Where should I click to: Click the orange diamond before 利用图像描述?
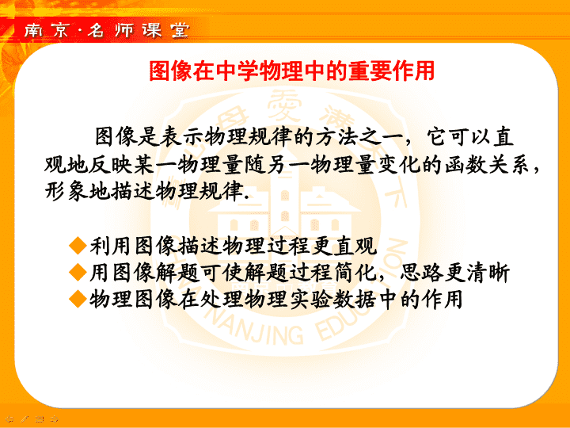point(78,245)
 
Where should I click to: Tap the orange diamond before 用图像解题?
point(78,272)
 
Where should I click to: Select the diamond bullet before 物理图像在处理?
point(78,299)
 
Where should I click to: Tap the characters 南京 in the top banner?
point(46,30)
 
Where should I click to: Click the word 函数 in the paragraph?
point(465,165)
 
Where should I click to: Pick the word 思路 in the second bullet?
point(422,272)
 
